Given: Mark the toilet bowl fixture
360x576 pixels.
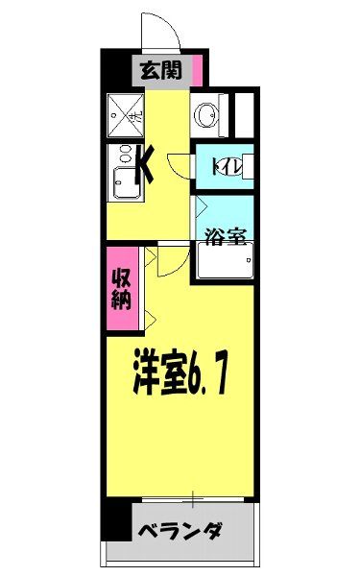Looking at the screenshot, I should click(244, 166).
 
